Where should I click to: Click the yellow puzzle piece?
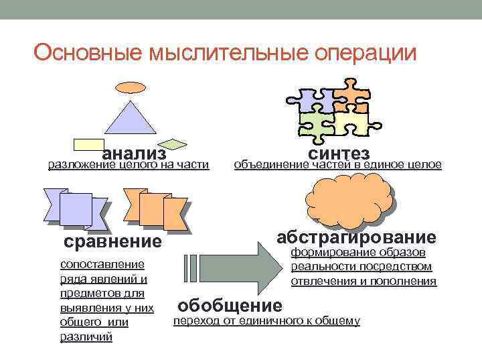click(x=351, y=123)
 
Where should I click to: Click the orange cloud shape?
click(x=349, y=198)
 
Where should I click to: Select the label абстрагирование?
click(x=356, y=237)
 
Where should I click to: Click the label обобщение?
click(x=230, y=306)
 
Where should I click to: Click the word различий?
click(x=86, y=337)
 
